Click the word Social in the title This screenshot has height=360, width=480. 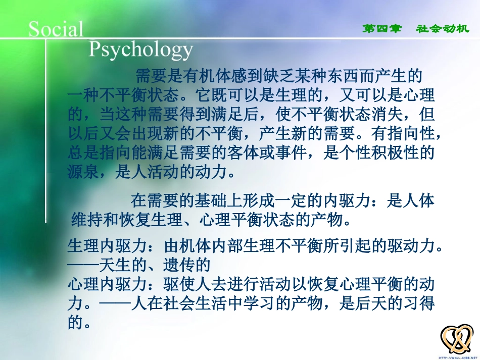point(56,29)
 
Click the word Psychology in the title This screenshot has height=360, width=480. point(141,50)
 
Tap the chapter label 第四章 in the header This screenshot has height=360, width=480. point(382,29)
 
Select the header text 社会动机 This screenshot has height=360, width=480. point(443,29)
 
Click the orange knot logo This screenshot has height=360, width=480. point(457,339)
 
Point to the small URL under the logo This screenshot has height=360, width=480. point(457,356)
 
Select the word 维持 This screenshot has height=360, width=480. point(87,220)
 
